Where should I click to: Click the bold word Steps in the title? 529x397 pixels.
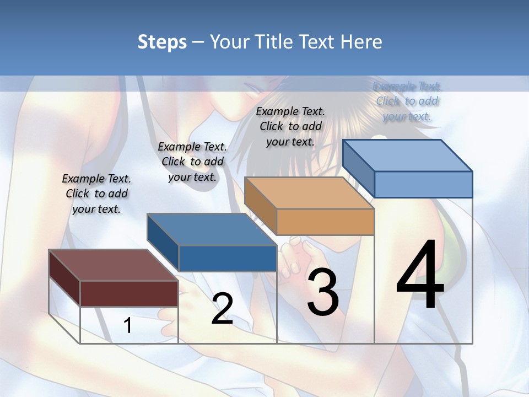tap(161, 42)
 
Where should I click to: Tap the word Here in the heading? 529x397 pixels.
tap(361, 42)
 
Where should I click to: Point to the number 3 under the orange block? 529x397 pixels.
tap(323, 292)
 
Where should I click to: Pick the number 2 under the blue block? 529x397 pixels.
tap(222, 309)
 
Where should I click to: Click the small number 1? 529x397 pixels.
tap(128, 325)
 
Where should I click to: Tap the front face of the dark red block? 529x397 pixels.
tap(129, 293)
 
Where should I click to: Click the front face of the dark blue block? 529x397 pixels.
tap(228, 258)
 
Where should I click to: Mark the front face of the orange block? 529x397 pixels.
tap(325, 222)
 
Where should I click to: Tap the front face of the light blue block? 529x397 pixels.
tap(423, 184)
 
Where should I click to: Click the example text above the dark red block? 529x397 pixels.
tap(96, 194)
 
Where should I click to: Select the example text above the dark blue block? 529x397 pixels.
tap(192, 162)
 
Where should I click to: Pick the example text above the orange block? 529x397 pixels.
tap(290, 126)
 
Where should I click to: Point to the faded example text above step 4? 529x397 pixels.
tap(407, 101)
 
